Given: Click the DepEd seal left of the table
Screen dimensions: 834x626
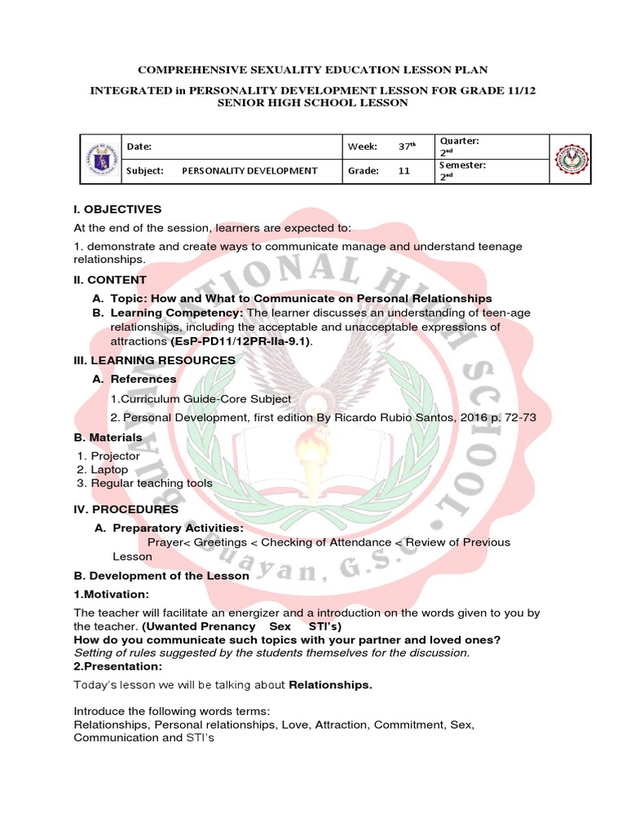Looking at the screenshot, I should [99, 159].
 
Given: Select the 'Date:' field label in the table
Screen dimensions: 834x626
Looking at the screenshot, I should [139, 147].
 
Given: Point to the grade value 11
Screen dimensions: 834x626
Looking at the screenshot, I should [404, 171].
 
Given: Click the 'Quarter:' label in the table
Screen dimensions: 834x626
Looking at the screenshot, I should [460, 141].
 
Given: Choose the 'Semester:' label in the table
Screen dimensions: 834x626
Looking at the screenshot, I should [463, 165].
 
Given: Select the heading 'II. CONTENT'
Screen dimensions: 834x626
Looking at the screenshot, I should [110, 279].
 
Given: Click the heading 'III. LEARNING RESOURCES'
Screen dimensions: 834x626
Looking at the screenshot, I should [155, 359].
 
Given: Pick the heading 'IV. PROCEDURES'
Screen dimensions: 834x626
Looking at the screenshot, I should [126, 509].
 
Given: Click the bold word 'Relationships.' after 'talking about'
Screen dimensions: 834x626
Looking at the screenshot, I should [330, 685].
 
